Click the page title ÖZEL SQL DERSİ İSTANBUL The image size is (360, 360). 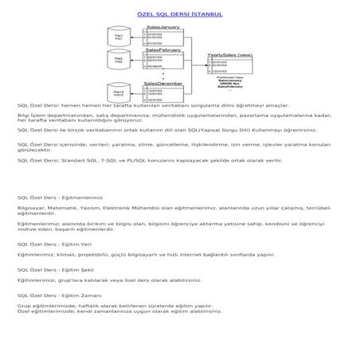[x=180, y=14]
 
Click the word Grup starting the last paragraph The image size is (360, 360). [x=23, y=306]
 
